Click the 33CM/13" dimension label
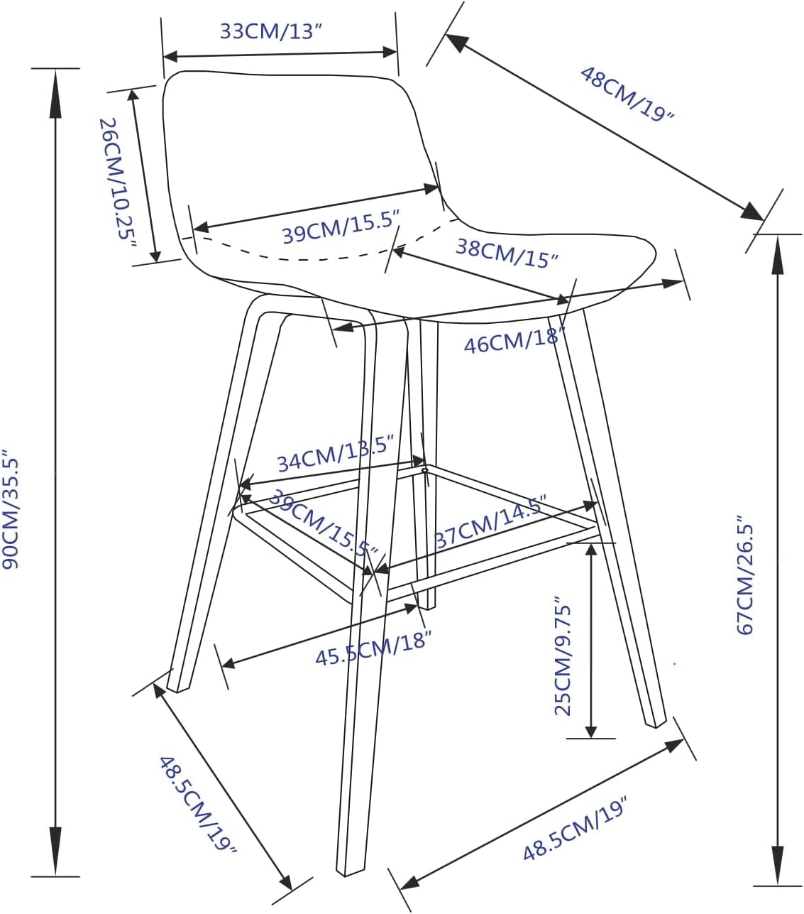coord(272,31)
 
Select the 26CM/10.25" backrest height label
coord(118,183)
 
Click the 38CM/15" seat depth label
coord(507,254)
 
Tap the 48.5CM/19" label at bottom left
coord(198,810)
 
